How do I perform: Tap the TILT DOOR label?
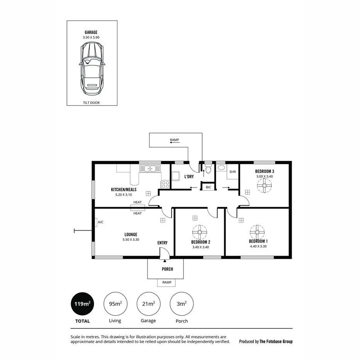92,103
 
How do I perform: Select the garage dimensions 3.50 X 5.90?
92,37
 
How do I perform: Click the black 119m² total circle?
82,304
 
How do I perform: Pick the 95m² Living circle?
115,304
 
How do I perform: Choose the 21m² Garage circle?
149,304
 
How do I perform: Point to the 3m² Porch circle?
182,304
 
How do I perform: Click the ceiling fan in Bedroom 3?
265,186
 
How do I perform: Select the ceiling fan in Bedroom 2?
200,233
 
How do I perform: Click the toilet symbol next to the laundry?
208,169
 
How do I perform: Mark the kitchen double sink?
150,168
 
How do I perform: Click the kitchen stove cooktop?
165,184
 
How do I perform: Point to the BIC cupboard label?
209,187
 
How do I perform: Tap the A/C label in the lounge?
101,222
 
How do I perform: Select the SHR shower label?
233,172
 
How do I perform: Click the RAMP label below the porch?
166,283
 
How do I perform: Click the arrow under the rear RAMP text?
173,143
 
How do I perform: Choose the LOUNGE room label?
131,234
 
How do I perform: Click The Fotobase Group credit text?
276,341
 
